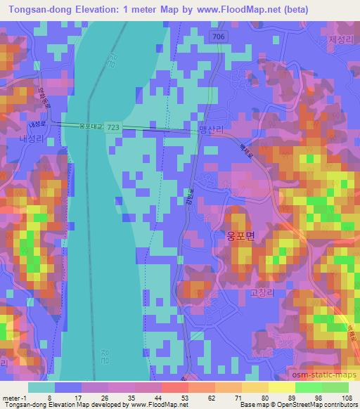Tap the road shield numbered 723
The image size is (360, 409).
[112, 126]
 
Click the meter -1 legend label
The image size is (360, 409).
[12, 398]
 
